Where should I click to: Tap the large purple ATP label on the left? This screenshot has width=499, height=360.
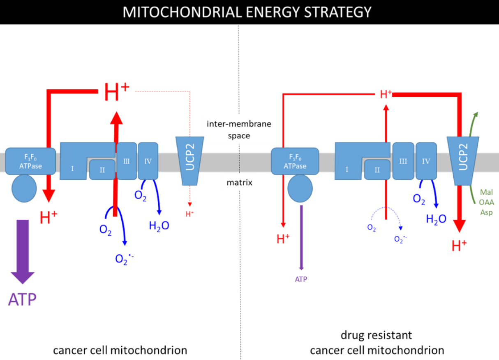tap(22, 300)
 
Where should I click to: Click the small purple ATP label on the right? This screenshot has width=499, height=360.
tap(301, 279)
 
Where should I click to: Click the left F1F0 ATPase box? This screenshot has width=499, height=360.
tap(30, 161)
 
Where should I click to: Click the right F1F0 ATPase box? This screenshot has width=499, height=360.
tap(295, 161)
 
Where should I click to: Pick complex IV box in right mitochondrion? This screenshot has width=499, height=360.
tap(426, 161)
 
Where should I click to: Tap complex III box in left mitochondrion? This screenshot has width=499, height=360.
tap(127, 161)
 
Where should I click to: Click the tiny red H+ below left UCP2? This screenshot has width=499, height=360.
tap(189, 214)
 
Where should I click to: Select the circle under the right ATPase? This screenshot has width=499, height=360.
tap(300, 189)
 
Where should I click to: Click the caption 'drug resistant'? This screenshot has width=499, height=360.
tap(376, 335)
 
